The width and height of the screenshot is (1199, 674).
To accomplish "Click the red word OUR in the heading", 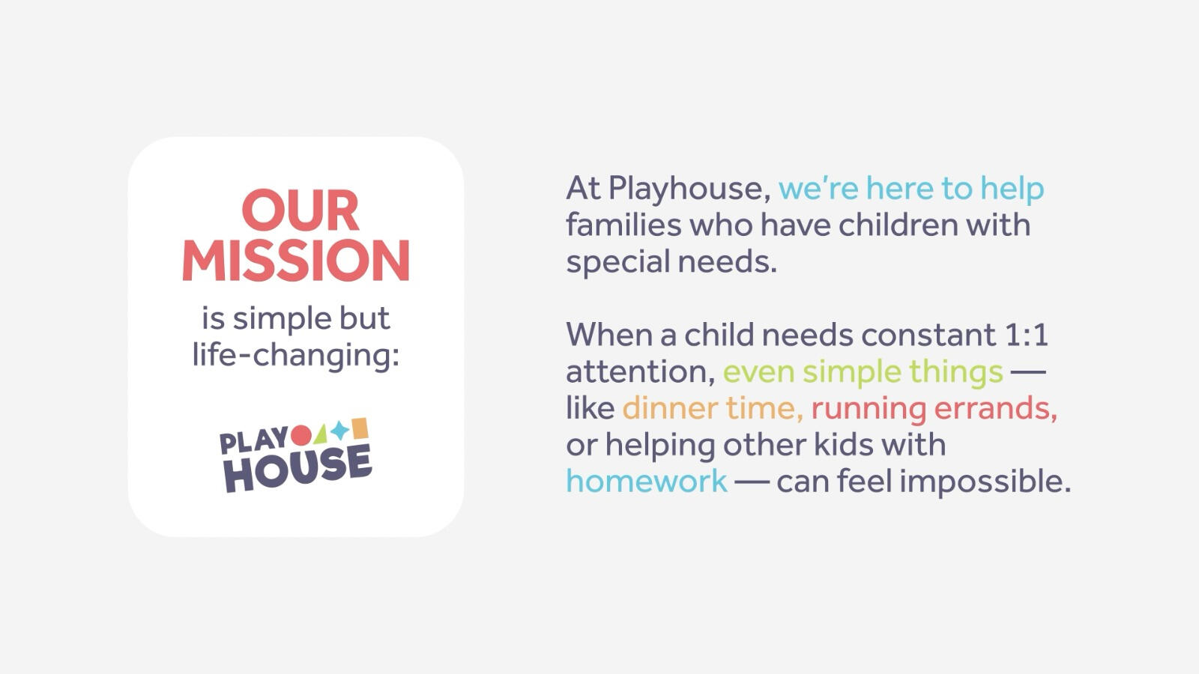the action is tap(300, 210).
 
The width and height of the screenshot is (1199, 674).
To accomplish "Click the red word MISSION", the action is tap(296, 260).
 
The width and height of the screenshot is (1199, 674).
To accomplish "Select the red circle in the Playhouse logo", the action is tap(300, 435).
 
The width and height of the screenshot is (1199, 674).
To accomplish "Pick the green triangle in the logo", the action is tap(321, 434).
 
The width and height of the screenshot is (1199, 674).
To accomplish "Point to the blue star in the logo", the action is tap(339, 430).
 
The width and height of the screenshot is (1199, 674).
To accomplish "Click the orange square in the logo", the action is tap(360, 428).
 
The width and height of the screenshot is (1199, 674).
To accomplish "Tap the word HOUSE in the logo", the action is tap(298, 469).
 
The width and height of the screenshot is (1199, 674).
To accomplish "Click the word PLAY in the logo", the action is tap(255, 441).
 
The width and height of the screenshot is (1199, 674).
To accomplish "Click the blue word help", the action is tap(1012, 189).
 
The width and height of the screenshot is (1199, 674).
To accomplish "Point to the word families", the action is tap(623, 224).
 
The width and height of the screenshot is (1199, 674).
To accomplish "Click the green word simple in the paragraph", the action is tap(852, 371).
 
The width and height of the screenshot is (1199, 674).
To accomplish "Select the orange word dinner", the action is tap(670, 408).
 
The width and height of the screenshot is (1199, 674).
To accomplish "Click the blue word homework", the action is tap(647, 480).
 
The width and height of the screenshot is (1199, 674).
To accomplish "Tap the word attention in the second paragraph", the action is tap(641, 371).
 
